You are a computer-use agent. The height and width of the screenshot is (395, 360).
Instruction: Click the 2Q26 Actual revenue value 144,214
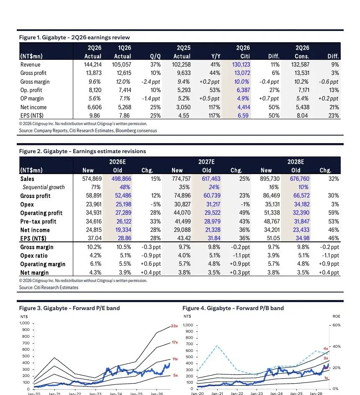[x=93, y=64]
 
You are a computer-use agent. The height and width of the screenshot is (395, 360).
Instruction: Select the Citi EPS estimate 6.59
[x=243, y=115]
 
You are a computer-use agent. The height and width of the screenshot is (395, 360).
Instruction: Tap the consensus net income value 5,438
[x=303, y=107]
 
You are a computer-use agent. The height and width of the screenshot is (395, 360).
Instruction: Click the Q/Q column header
[x=155, y=56]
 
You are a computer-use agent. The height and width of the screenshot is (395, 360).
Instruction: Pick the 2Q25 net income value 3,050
[x=183, y=107]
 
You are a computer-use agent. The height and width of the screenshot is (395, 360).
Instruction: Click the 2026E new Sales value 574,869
[x=92, y=179]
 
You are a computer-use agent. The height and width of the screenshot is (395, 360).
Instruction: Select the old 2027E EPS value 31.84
[x=214, y=239]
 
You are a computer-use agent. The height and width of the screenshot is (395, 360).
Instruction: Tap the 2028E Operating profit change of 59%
[x=334, y=213]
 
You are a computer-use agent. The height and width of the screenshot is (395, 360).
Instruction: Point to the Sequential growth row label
[x=44, y=187]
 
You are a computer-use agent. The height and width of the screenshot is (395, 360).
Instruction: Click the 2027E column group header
[x=206, y=162]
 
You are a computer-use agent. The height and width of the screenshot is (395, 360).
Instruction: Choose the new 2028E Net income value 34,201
[x=272, y=230]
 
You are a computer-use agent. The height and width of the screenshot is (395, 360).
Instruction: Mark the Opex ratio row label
[x=34, y=256]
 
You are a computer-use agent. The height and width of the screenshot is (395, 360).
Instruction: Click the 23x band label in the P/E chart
[x=174, y=326]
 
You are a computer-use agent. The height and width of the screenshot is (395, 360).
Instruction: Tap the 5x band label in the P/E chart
[x=175, y=375]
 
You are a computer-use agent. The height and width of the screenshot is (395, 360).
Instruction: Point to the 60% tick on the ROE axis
[x=337, y=325]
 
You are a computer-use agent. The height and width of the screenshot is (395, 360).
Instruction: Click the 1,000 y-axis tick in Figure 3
[x=24, y=323]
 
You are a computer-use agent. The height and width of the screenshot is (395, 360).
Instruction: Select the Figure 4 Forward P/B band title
[x=233, y=308]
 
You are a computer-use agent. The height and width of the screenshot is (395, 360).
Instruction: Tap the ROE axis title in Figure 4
[x=336, y=316]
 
